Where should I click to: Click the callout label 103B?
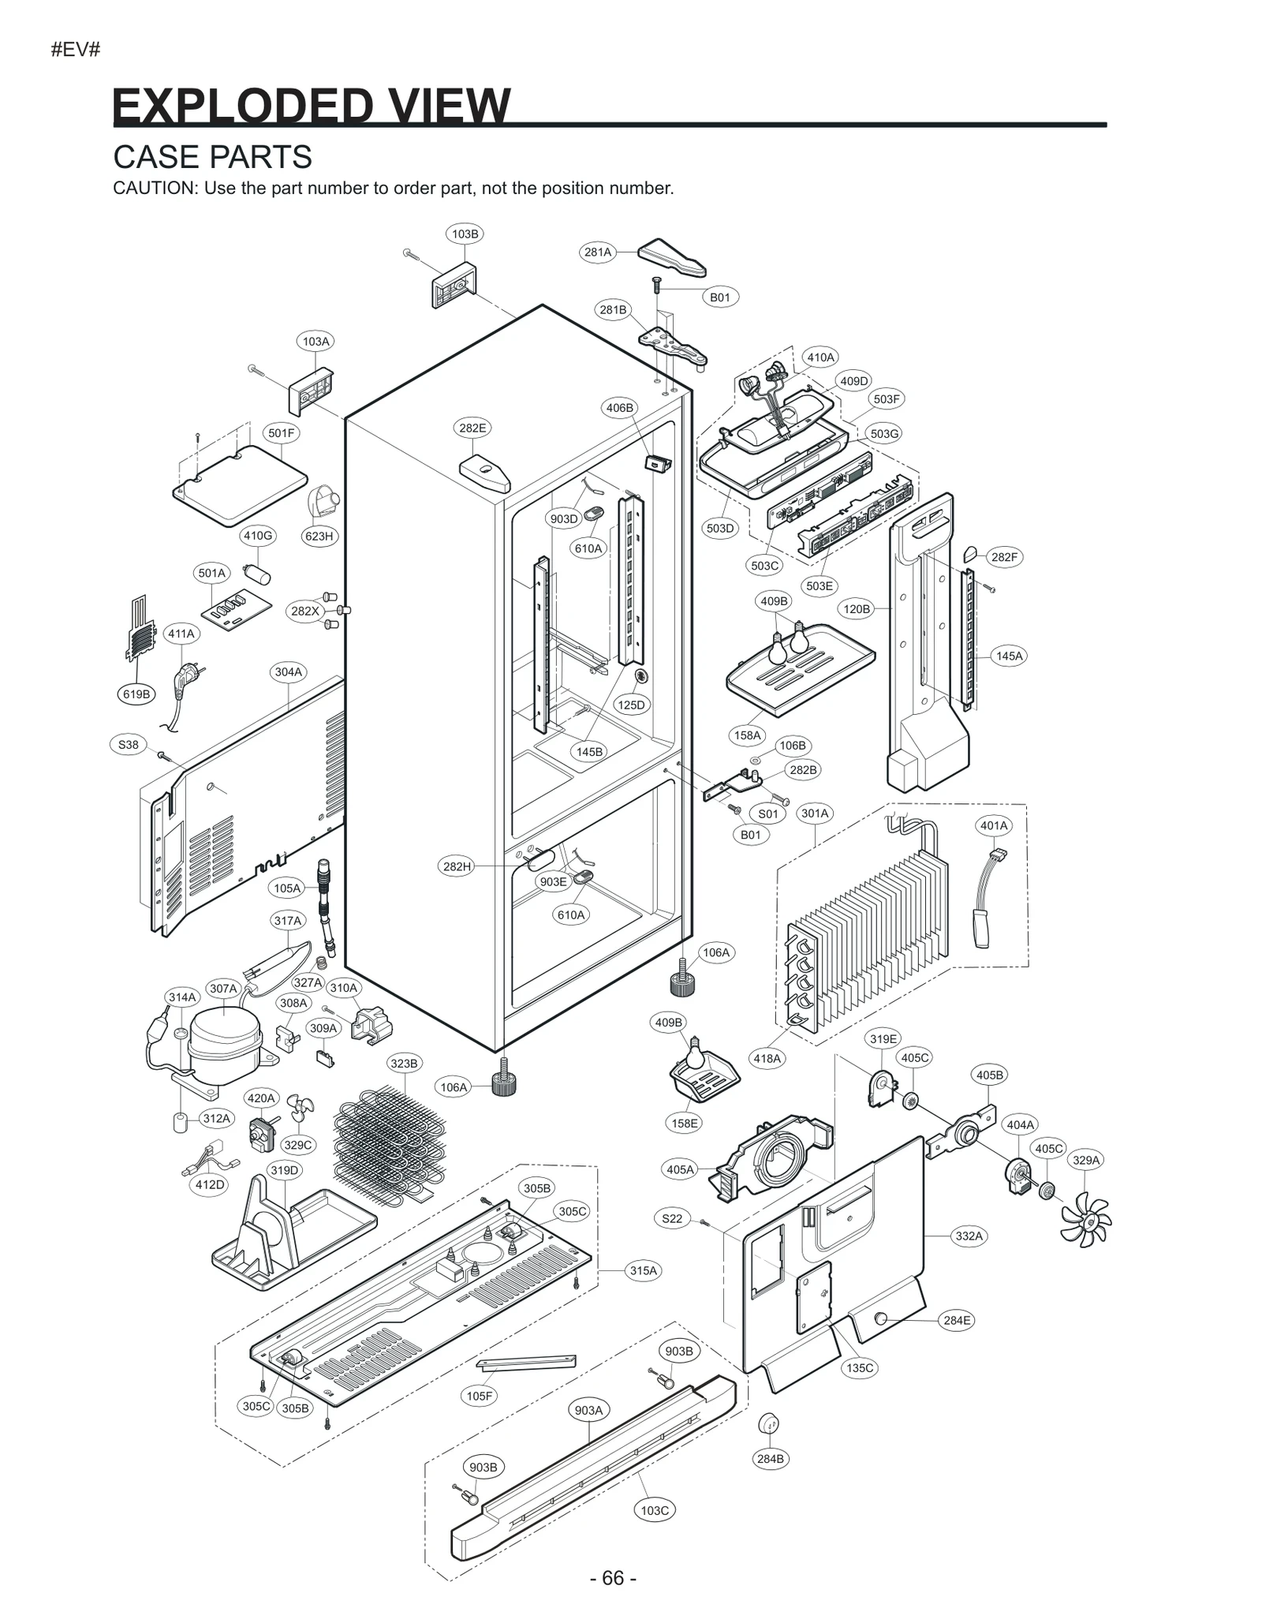(x=465, y=234)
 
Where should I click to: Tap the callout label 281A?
(x=597, y=252)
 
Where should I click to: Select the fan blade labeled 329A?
(x=1085, y=1220)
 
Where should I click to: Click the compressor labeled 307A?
(x=225, y=1034)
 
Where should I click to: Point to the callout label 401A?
(x=994, y=826)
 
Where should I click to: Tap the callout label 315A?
(x=643, y=1271)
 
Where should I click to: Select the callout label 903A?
(x=588, y=1411)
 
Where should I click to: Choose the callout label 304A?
(x=288, y=672)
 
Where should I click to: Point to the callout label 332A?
(x=969, y=1236)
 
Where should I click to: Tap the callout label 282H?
(x=457, y=866)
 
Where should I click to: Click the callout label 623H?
(x=319, y=537)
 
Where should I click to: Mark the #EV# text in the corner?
(x=76, y=50)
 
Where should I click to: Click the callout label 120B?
(x=857, y=609)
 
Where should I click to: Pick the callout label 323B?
(x=404, y=1064)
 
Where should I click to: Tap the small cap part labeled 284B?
(x=769, y=1425)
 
